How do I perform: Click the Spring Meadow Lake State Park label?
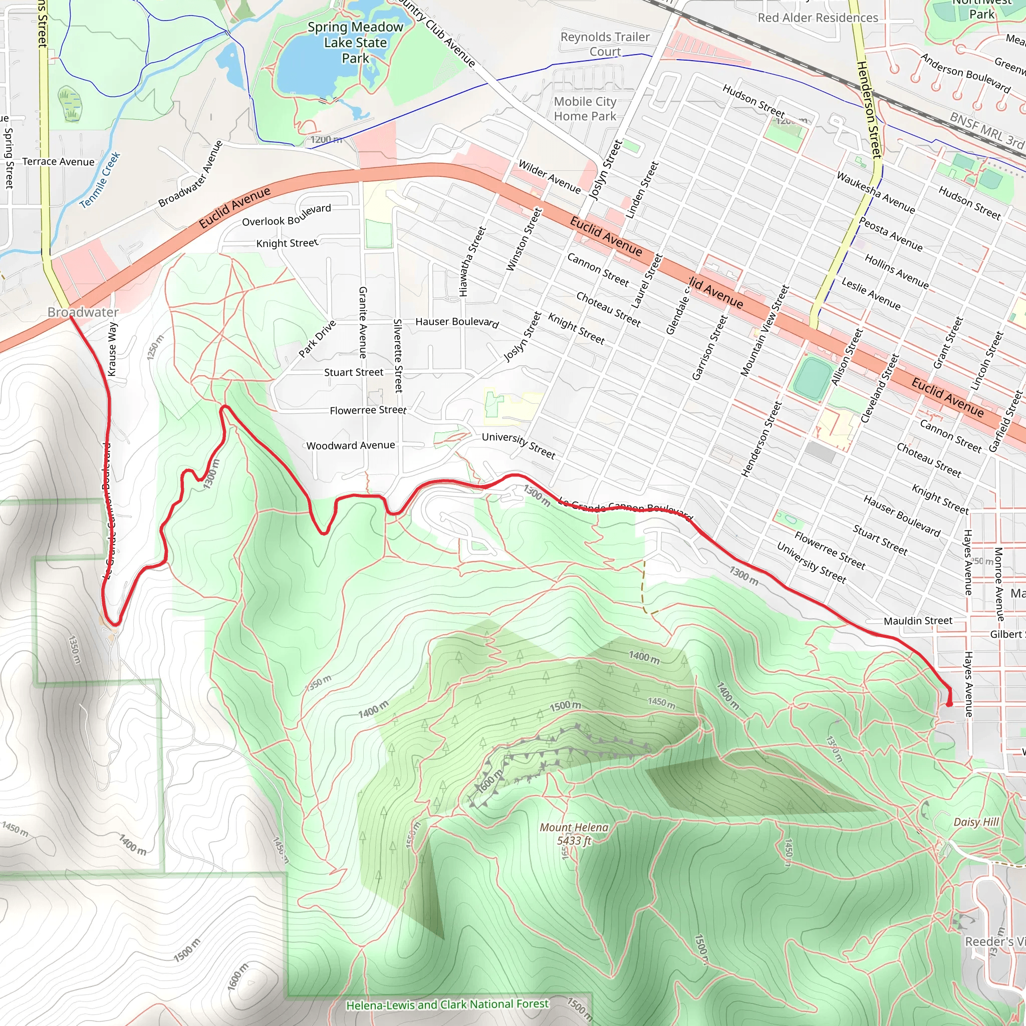point(355,43)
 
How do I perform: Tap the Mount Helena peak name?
point(574,828)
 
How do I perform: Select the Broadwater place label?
point(83,312)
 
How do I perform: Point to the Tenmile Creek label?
point(100,180)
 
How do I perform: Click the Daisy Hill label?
point(976,822)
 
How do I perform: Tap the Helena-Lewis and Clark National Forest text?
point(447,1005)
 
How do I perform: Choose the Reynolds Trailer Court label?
point(605,44)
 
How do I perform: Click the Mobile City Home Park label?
point(585,109)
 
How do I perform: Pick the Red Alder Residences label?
point(818,18)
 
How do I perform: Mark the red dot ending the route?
point(949,704)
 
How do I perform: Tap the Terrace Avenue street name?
point(59,162)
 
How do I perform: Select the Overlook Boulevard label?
point(286,215)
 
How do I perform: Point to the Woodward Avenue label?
point(351,445)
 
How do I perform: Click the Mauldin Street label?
point(918,621)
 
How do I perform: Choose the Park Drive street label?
point(317,339)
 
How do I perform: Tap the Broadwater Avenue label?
point(191,174)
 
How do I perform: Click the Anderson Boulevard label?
point(965,73)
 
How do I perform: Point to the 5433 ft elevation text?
point(574,841)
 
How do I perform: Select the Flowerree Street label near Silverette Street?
point(368,410)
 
